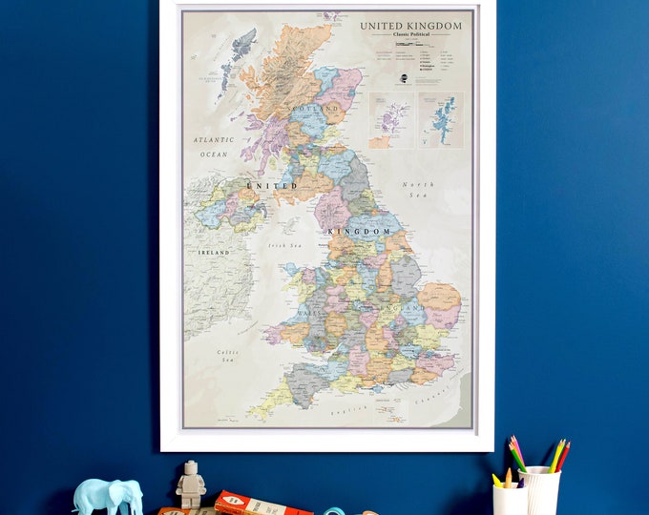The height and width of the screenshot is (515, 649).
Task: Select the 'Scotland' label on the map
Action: coord(318,110)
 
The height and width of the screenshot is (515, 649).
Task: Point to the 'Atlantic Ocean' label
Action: coord(214,146)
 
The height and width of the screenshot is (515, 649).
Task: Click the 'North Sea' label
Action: coord(418,189)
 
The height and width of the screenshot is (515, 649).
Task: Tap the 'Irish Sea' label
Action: coord(283,245)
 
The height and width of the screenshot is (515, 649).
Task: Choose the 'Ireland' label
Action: coord(214,252)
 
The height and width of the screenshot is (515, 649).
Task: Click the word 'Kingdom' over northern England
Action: coord(360,231)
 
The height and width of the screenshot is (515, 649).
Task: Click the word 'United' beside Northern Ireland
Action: coord(272,185)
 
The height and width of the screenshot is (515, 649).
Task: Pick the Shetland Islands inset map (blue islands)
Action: coord(440,120)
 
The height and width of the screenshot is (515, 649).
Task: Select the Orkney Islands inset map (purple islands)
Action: coord(391,120)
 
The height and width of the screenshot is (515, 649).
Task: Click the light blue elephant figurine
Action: coord(108,496)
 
